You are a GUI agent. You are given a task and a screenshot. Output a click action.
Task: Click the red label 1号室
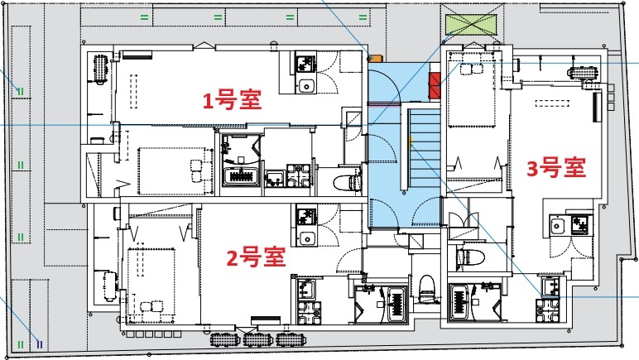point(232,100)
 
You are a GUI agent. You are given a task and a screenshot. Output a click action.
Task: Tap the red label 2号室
point(256,257)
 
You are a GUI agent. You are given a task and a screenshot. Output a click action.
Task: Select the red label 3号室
point(556,168)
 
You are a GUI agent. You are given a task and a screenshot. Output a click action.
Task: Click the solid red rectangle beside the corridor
point(435,86)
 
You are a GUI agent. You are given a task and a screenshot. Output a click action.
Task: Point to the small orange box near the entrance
point(375,58)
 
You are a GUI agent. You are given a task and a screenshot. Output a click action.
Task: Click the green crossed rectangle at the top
point(471,25)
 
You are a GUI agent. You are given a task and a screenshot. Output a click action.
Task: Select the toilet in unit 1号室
point(347,182)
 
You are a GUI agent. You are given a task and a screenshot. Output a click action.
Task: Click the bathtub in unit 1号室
point(242,177)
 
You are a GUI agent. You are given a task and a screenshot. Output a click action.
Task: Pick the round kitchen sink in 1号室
point(305,86)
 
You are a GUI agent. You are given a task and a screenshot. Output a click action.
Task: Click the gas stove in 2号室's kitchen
point(306,216)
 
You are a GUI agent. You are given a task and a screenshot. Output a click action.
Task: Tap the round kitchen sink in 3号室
point(556,226)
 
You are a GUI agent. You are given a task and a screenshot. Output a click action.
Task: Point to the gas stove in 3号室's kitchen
point(579,225)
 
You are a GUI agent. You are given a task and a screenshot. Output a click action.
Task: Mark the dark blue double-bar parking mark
point(39,344)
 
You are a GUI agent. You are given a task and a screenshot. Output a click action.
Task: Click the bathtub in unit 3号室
point(459,302)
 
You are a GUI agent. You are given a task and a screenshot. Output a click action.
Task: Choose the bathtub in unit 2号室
point(396,305)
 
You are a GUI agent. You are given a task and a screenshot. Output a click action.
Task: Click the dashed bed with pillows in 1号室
point(175,171)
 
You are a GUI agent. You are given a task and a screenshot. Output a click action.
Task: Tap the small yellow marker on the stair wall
point(411,142)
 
